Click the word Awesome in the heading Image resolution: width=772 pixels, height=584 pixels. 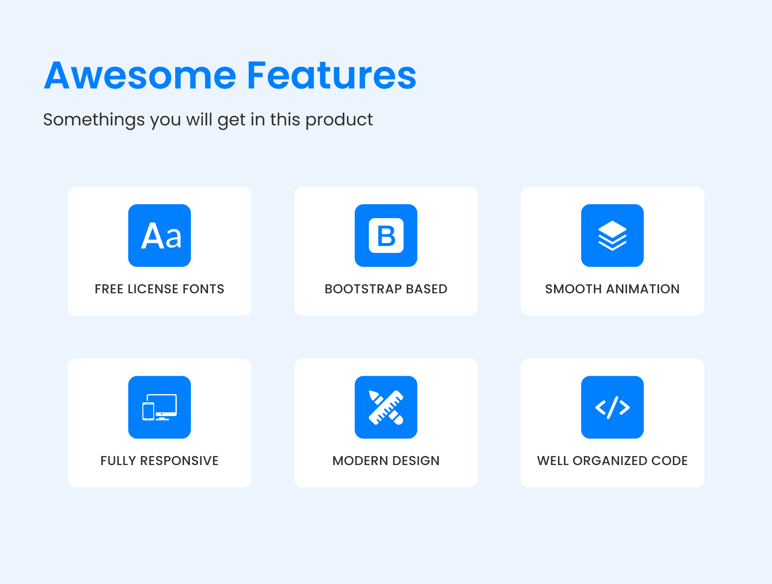pos(140,76)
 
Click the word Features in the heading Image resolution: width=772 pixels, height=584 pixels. pos(332,76)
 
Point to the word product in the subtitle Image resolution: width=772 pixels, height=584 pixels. pos(339,120)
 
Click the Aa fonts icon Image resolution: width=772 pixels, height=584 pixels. pos(160,235)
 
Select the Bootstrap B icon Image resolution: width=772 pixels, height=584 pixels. pos(386,235)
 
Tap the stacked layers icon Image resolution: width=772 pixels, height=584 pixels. pos(612,235)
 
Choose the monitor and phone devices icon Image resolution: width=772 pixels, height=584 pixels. pos(160,407)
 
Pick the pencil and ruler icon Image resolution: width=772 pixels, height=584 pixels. pos(386,407)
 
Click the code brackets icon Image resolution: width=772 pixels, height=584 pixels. pos(612,407)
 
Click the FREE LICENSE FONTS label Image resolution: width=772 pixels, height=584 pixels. pos(160,289)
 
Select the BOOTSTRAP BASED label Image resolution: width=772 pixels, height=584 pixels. pos(386,289)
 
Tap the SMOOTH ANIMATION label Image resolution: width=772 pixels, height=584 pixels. pos(612,289)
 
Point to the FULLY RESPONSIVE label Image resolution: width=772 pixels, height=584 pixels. pos(160,461)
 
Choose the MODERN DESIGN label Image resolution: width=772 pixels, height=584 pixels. pos(386,461)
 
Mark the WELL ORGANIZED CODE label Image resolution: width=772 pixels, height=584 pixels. pos(612,461)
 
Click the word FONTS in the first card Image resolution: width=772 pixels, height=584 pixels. pos(203,289)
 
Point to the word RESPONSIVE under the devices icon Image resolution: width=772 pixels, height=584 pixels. pos(179,461)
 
